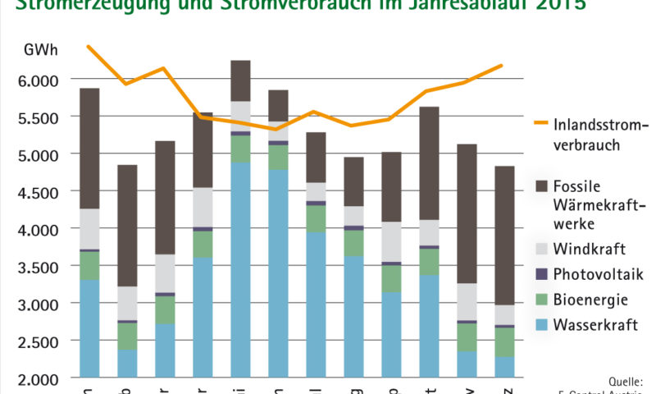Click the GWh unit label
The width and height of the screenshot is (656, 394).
pyautogui.click(x=41, y=51)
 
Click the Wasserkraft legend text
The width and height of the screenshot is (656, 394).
pyautogui.click(x=595, y=325)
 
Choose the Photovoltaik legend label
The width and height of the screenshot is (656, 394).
pyautogui.click(x=598, y=274)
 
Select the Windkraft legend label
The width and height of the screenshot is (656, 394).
pyautogui.click(x=589, y=249)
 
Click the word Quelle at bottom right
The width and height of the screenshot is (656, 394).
pyautogui.click(x=626, y=382)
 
